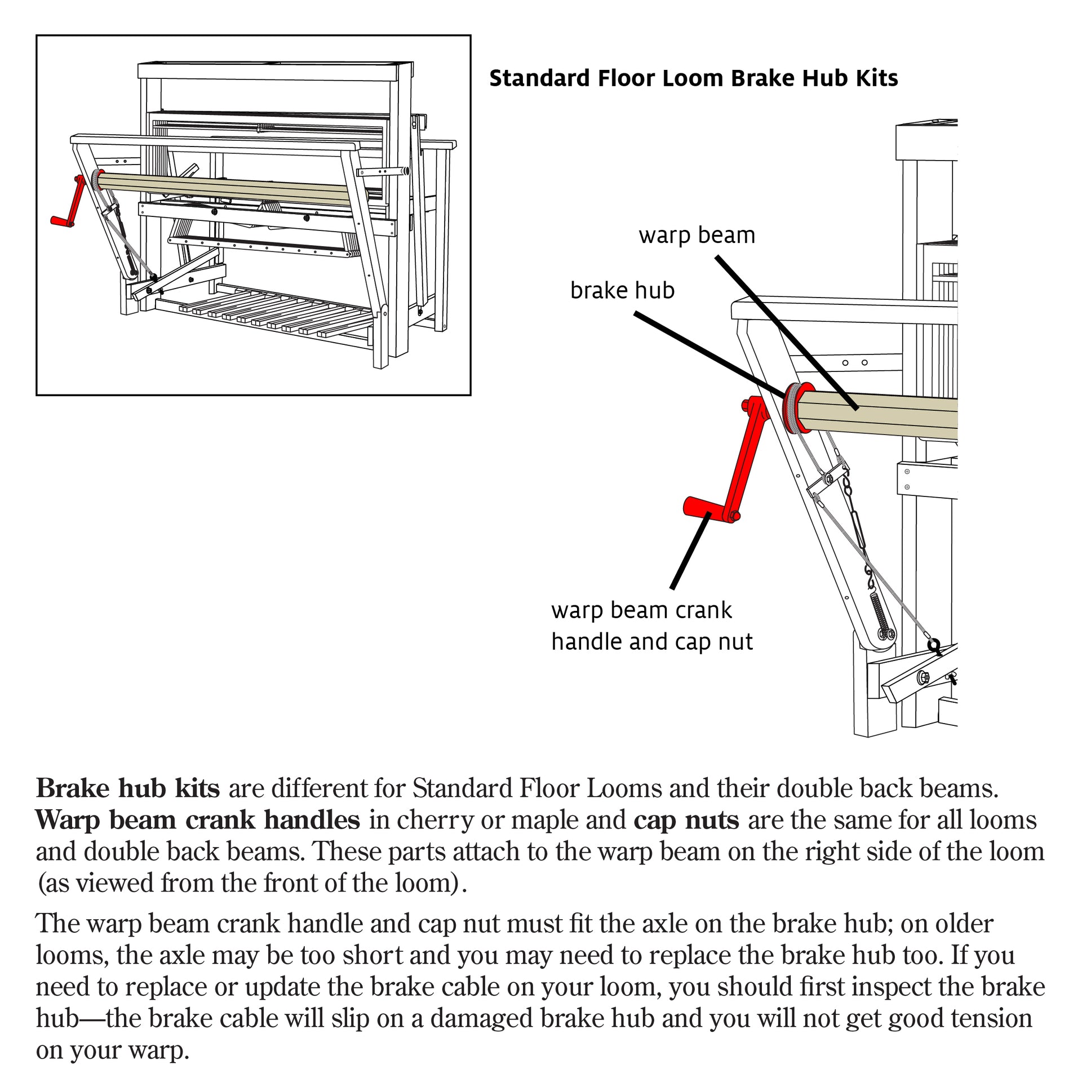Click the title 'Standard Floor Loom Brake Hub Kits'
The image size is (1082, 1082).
click(x=693, y=78)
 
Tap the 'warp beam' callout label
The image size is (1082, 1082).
click(x=697, y=235)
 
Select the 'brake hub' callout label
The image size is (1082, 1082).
click(x=622, y=290)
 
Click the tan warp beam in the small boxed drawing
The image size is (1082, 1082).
click(x=225, y=189)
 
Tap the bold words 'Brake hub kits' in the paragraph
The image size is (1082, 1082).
click(x=128, y=788)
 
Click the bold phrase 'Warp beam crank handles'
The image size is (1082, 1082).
click(x=198, y=820)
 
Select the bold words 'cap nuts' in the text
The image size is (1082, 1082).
click(x=686, y=820)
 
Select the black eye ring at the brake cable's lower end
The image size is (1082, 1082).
click(x=934, y=645)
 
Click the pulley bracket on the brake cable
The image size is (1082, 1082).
click(x=827, y=479)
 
